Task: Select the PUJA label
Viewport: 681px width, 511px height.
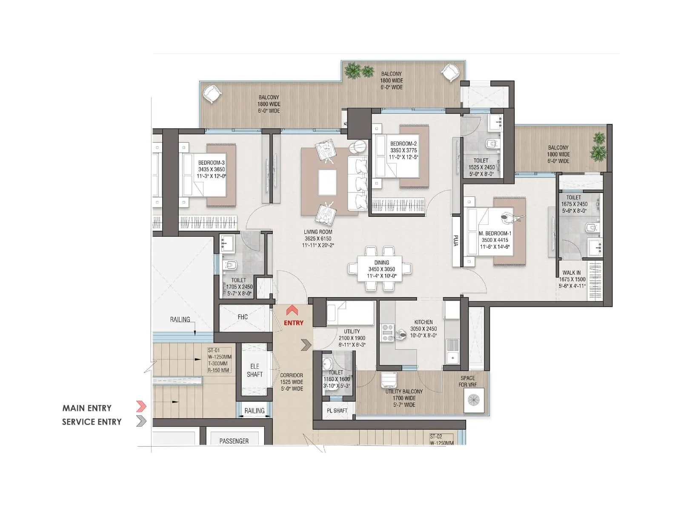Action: (456, 241)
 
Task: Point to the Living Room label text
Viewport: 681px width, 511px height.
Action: (318, 238)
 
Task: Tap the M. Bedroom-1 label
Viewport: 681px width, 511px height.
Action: (495, 240)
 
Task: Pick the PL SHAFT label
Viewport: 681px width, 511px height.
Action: (337, 411)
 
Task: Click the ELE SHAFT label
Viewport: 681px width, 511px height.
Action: (255, 370)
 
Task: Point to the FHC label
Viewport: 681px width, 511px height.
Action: (243, 317)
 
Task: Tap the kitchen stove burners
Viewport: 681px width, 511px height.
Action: (387, 333)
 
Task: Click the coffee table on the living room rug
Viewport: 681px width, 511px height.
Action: (327, 181)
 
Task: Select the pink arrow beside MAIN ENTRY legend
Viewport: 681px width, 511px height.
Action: (141, 407)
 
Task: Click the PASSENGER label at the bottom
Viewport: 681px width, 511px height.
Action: (234, 441)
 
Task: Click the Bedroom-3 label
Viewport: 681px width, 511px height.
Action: (211, 169)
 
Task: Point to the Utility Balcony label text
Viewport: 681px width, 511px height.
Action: (404, 398)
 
